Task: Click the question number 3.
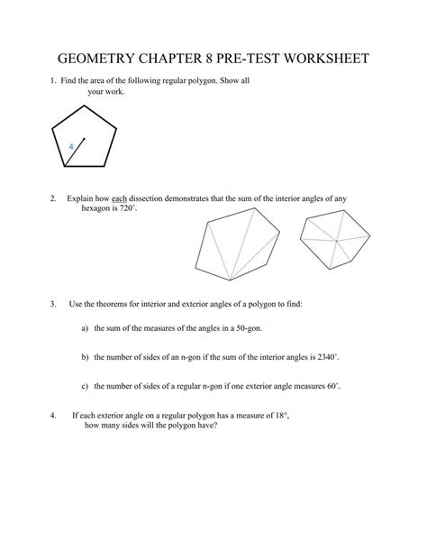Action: tap(54, 304)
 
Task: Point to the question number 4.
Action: tap(54, 418)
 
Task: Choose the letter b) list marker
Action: tap(85, 358)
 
